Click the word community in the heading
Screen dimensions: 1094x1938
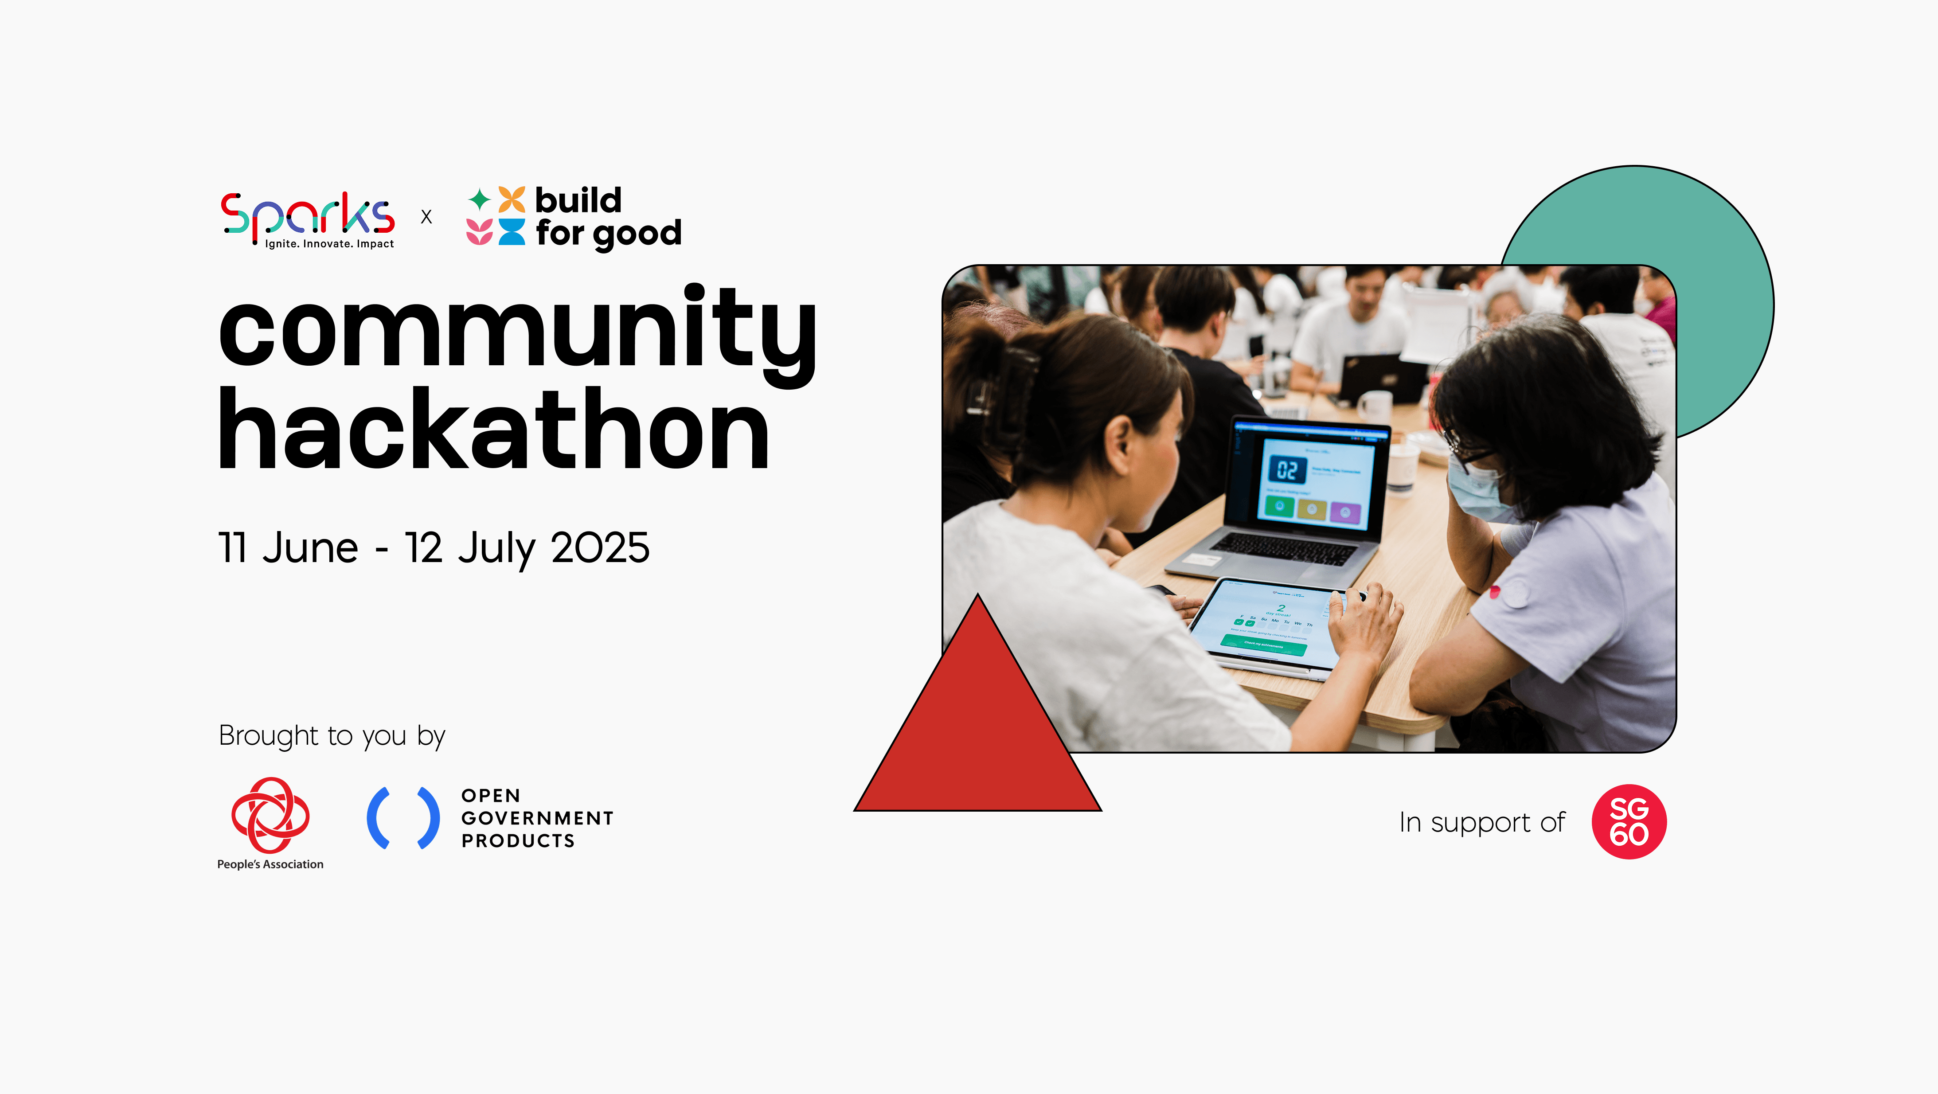click(518, 331)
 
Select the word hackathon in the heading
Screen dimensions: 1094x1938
click(493, 430)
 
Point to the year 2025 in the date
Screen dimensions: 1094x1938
click(600, 548)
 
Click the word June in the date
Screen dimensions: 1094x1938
click(310, 548)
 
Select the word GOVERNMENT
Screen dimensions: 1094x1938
click(537, 818)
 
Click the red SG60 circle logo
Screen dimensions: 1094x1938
click(1629, 822)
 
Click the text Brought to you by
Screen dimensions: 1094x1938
click(332, 736)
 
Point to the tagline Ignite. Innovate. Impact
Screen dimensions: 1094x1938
click(329, 244)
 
